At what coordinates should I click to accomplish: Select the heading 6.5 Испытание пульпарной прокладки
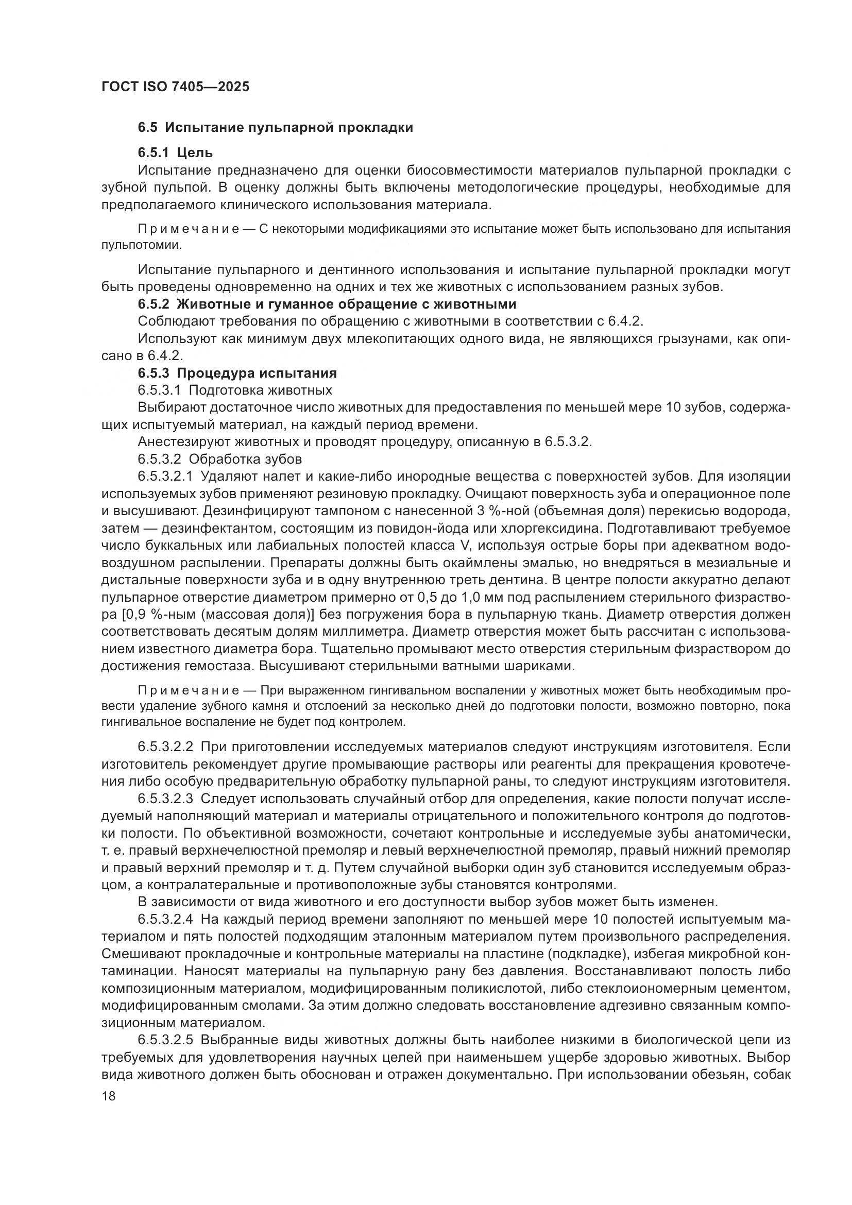point(275,128)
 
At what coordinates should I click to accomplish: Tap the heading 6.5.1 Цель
point(175,152)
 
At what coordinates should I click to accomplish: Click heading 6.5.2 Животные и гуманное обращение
point(327,304)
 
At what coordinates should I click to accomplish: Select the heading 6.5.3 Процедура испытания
point(237,373)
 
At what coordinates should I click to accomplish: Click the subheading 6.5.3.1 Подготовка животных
point(235,390)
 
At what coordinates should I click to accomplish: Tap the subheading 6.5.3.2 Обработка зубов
point(220,459)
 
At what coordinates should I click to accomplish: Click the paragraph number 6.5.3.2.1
point(165,477)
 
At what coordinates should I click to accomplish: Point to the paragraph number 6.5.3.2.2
point(165,746)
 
